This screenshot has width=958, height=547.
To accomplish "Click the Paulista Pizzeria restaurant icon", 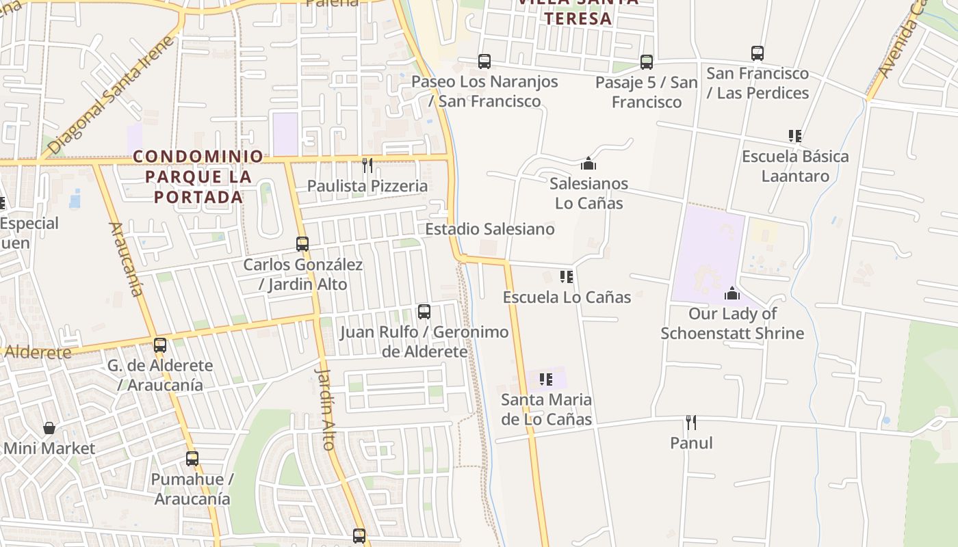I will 367,165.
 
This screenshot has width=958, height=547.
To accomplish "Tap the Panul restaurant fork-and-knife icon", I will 691,423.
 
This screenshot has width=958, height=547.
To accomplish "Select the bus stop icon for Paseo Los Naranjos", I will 484,62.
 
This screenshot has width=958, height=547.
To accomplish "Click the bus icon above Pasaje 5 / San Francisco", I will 647,62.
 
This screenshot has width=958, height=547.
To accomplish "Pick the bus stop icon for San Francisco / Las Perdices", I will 758,53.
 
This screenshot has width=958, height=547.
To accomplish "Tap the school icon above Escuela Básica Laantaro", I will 794,136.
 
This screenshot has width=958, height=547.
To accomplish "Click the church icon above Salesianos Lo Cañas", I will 588,163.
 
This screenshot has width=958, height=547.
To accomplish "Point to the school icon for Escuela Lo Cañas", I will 567,277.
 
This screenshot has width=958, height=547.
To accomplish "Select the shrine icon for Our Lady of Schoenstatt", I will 732,293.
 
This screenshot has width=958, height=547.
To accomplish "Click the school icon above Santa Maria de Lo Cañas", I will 545,379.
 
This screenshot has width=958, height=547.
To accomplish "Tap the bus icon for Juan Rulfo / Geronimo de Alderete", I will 424,312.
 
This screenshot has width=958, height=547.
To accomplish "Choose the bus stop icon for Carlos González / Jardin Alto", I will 302,244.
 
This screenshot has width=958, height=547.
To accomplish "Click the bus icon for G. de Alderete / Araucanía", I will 160,345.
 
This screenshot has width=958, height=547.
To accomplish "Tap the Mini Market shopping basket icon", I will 49,429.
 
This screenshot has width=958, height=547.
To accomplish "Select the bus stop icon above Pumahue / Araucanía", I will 192,459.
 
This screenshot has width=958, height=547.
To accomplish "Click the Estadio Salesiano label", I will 490,229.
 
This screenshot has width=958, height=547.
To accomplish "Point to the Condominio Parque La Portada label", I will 198,176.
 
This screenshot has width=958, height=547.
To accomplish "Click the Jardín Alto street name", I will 326,409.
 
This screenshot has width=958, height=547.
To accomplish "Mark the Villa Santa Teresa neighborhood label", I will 578,10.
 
